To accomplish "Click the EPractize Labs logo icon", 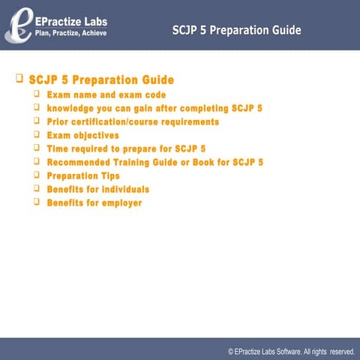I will tap(17, 24).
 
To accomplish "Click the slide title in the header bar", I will tap(236, 31).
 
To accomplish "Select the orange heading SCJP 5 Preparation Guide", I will tap(101, 79).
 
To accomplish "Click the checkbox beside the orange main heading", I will tap(19, 78).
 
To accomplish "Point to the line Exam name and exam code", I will tap(106, 95).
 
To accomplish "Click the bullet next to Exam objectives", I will tap(37, 135).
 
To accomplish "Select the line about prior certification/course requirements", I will tap(133, 121).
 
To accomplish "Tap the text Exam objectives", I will tap(82, 136).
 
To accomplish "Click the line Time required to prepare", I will tap(126, 149).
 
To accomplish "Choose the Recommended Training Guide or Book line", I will tap(154, 162).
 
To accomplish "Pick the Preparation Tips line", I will tap(83, 175).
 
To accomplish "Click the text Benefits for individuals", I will tap(97, 189).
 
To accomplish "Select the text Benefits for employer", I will tap(94, 202).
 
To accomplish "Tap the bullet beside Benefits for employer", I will tap(37, 202).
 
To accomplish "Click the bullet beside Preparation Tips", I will tap(37, 175).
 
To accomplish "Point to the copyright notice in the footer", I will tap(291, 351).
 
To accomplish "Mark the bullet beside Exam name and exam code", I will tap(37, 94).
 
